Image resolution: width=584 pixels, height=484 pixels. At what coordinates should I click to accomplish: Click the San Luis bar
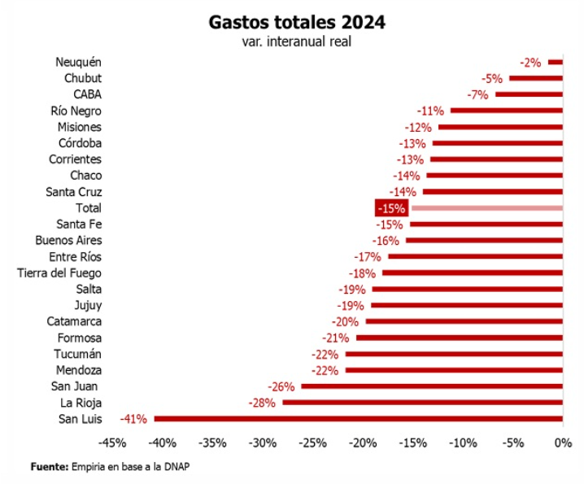pos(358,419)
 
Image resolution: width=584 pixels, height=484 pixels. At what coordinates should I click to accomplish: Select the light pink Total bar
pos(486,208)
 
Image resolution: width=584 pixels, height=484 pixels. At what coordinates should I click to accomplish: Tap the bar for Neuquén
pos(555,62)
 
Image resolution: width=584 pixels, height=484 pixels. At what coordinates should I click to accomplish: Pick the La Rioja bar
pos(422,403)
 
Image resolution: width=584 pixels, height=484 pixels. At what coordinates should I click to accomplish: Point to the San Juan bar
pos(432,386)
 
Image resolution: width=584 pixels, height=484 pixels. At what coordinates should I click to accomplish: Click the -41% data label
pos(133,419)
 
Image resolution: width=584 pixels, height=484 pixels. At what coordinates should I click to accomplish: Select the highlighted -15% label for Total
pos(390,208)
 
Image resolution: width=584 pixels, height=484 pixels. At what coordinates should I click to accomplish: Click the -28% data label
pos(261,403)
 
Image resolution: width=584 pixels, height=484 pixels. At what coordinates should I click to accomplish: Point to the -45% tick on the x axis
pos(111,443)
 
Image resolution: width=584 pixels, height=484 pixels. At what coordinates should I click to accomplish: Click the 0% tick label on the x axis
pos(563,443)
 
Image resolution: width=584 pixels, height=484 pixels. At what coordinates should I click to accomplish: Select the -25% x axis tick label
pos(312,443)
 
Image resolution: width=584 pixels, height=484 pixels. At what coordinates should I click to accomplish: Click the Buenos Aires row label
pos(68,241)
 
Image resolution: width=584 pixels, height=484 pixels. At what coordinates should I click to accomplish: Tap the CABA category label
pos(87,94)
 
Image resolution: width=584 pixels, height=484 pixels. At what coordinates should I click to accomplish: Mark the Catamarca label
pos(74,322)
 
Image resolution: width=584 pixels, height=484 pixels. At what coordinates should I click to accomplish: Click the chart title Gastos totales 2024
pos(297,21)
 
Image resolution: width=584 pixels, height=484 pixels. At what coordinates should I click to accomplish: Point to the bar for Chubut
pos(536,78)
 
